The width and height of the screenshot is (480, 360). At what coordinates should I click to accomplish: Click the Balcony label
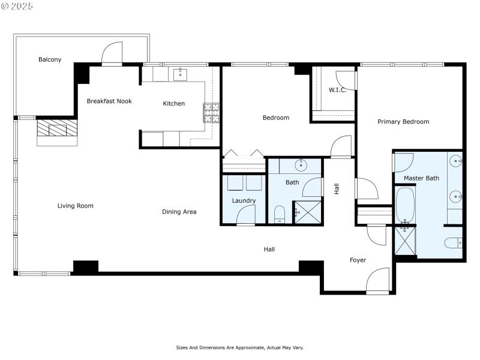(x=50, y=59)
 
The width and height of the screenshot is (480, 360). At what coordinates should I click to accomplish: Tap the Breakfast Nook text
(x=109, y=101)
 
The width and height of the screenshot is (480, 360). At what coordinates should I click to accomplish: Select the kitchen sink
(x=180, y=74)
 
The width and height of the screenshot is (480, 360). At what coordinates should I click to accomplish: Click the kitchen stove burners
(x=211, y=113)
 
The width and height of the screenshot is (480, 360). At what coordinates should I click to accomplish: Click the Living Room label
(x=76, y=206)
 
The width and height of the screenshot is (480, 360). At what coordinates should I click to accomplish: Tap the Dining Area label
(x=179, y=212)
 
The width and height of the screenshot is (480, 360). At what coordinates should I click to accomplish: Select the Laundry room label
(x=244, y=200)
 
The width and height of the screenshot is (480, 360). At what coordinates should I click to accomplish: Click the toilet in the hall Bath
(x=280, y=214)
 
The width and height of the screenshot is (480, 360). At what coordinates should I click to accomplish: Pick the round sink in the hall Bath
(x=299, y=166)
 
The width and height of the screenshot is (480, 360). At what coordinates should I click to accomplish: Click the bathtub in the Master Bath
(x=405, y=205)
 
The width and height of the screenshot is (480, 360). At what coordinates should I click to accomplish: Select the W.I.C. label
(x=337, y=90)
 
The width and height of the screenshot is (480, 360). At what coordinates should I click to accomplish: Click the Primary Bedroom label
(x=403, y=122)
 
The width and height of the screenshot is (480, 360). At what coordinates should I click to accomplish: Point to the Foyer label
(x=358, y=260)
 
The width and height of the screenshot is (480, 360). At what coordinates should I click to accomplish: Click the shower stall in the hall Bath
(x=307, y=212)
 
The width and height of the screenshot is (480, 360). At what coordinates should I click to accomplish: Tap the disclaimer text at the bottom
(x=240, y=347)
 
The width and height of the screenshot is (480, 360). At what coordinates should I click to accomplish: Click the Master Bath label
(x=421, y=178)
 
